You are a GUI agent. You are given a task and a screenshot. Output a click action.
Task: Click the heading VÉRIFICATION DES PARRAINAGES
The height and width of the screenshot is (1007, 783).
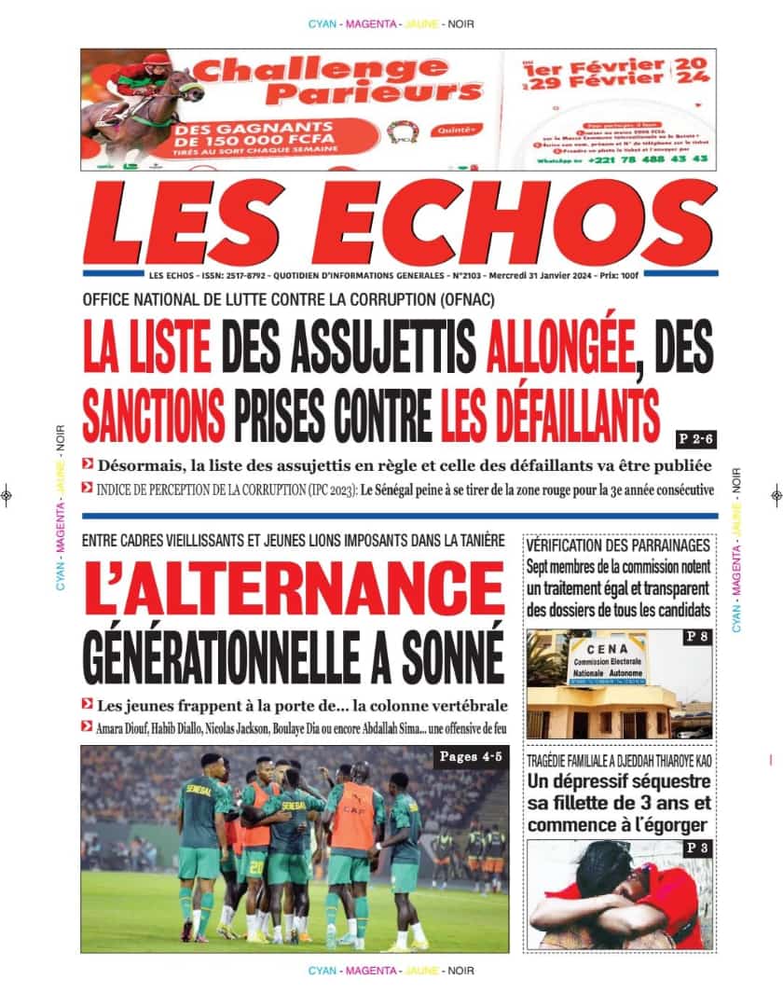[619, 545]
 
